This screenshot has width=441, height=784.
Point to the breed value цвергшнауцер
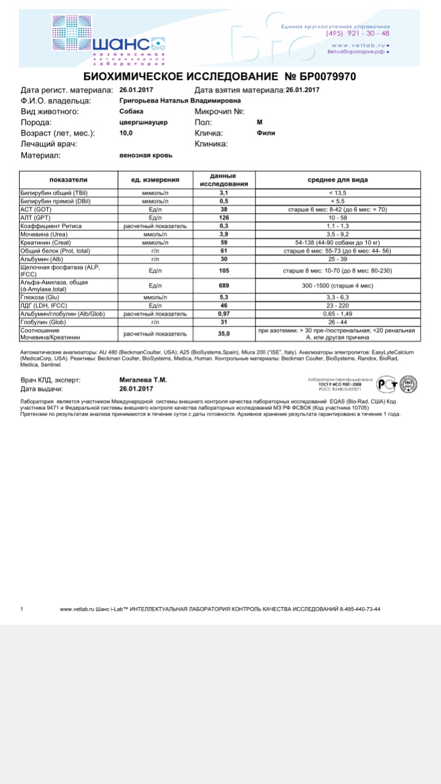coord(143,123)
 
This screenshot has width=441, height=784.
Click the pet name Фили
coord(265,133)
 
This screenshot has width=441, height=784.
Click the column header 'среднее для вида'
coord(337,180)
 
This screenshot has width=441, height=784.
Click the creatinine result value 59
coord(224,242)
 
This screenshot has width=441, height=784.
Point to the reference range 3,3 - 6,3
coord(337,298)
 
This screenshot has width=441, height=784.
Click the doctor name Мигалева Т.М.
coord(143,380)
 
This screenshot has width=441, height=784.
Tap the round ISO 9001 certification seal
coord(408,384)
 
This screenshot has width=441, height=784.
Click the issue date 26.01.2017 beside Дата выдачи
coord(137,389)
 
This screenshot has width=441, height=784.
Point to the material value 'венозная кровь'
coord(146,155)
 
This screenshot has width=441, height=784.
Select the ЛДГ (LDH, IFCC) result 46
coord(224,306)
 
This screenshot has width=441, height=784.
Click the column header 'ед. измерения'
coord(155,180)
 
